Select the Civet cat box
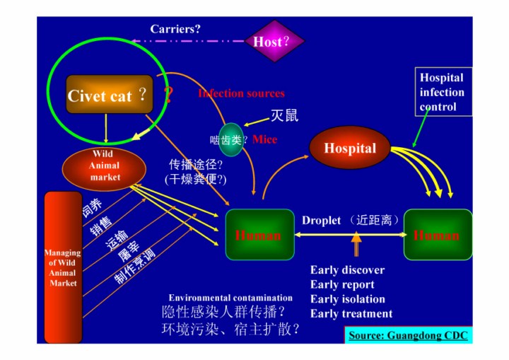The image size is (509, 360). coord(110,95)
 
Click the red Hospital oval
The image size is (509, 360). coord(350,149)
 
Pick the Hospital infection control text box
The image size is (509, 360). coord(442,92)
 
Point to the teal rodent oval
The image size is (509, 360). coord(231,139)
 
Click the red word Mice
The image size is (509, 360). coord(264,139)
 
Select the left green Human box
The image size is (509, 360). coord(259,235)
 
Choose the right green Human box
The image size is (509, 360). coord(437,235)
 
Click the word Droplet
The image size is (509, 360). coord(321,220)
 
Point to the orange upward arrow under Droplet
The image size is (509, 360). coord(356,245)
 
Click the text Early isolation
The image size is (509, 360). coord(347,299)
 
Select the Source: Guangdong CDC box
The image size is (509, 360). coord(408,335)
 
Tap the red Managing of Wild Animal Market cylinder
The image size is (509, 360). coord(63,267)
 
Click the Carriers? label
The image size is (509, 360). coord(175,29)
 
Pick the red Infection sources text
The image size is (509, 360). coord(241,93)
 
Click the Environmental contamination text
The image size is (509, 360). coord(230,298)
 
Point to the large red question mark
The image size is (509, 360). coord(168,95)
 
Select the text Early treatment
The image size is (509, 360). coord(351,314)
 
